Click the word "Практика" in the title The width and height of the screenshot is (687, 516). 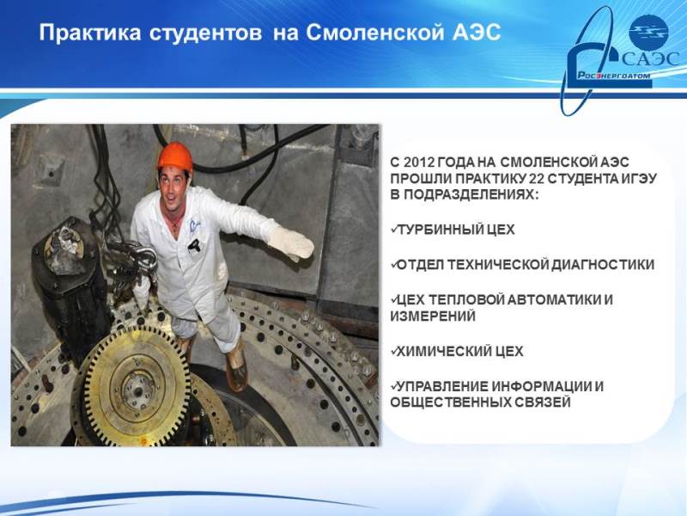(x=90, y=34)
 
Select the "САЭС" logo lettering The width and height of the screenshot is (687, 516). (x=650, y=59)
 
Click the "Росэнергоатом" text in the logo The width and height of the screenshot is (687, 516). (x=613, y=76)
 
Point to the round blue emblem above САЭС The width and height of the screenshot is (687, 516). (x=648, y=32)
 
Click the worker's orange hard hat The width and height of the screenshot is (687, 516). (x=175, y=157)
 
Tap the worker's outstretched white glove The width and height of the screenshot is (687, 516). (x=290, y=242)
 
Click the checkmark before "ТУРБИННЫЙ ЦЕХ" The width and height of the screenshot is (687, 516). (x=394, y=229)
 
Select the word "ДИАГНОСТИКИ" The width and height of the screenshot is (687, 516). (x=603, y=265)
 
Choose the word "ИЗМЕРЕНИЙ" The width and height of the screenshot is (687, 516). (x=433, y=316)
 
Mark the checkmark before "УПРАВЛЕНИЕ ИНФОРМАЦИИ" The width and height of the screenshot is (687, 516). (x=394, y=385)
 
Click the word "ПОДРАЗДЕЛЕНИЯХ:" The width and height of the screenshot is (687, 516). (x=465, y=194)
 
